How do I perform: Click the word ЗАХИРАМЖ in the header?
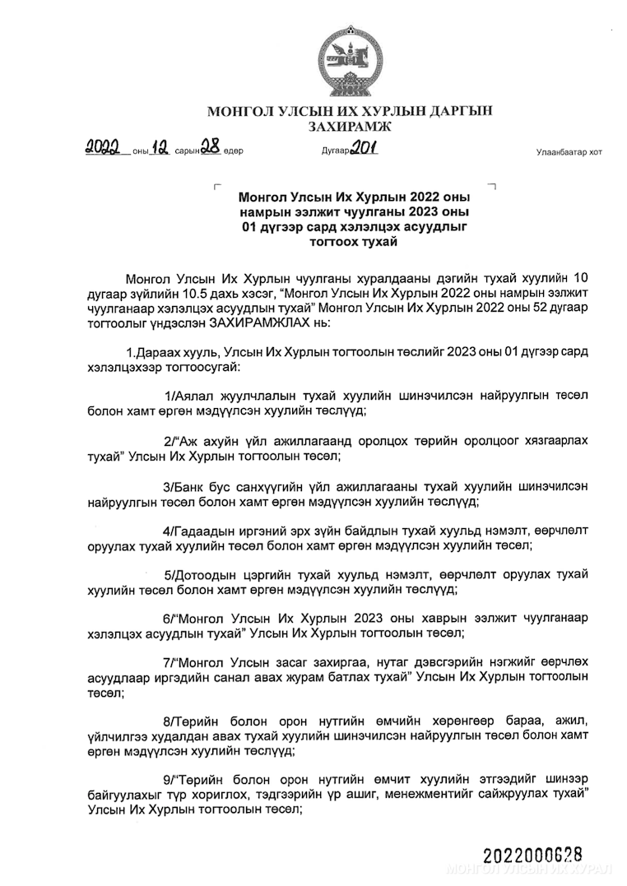point(350,127)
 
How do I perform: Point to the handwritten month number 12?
point(160,149)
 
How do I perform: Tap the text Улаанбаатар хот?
point(569,152)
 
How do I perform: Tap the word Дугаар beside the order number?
point(335,152)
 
